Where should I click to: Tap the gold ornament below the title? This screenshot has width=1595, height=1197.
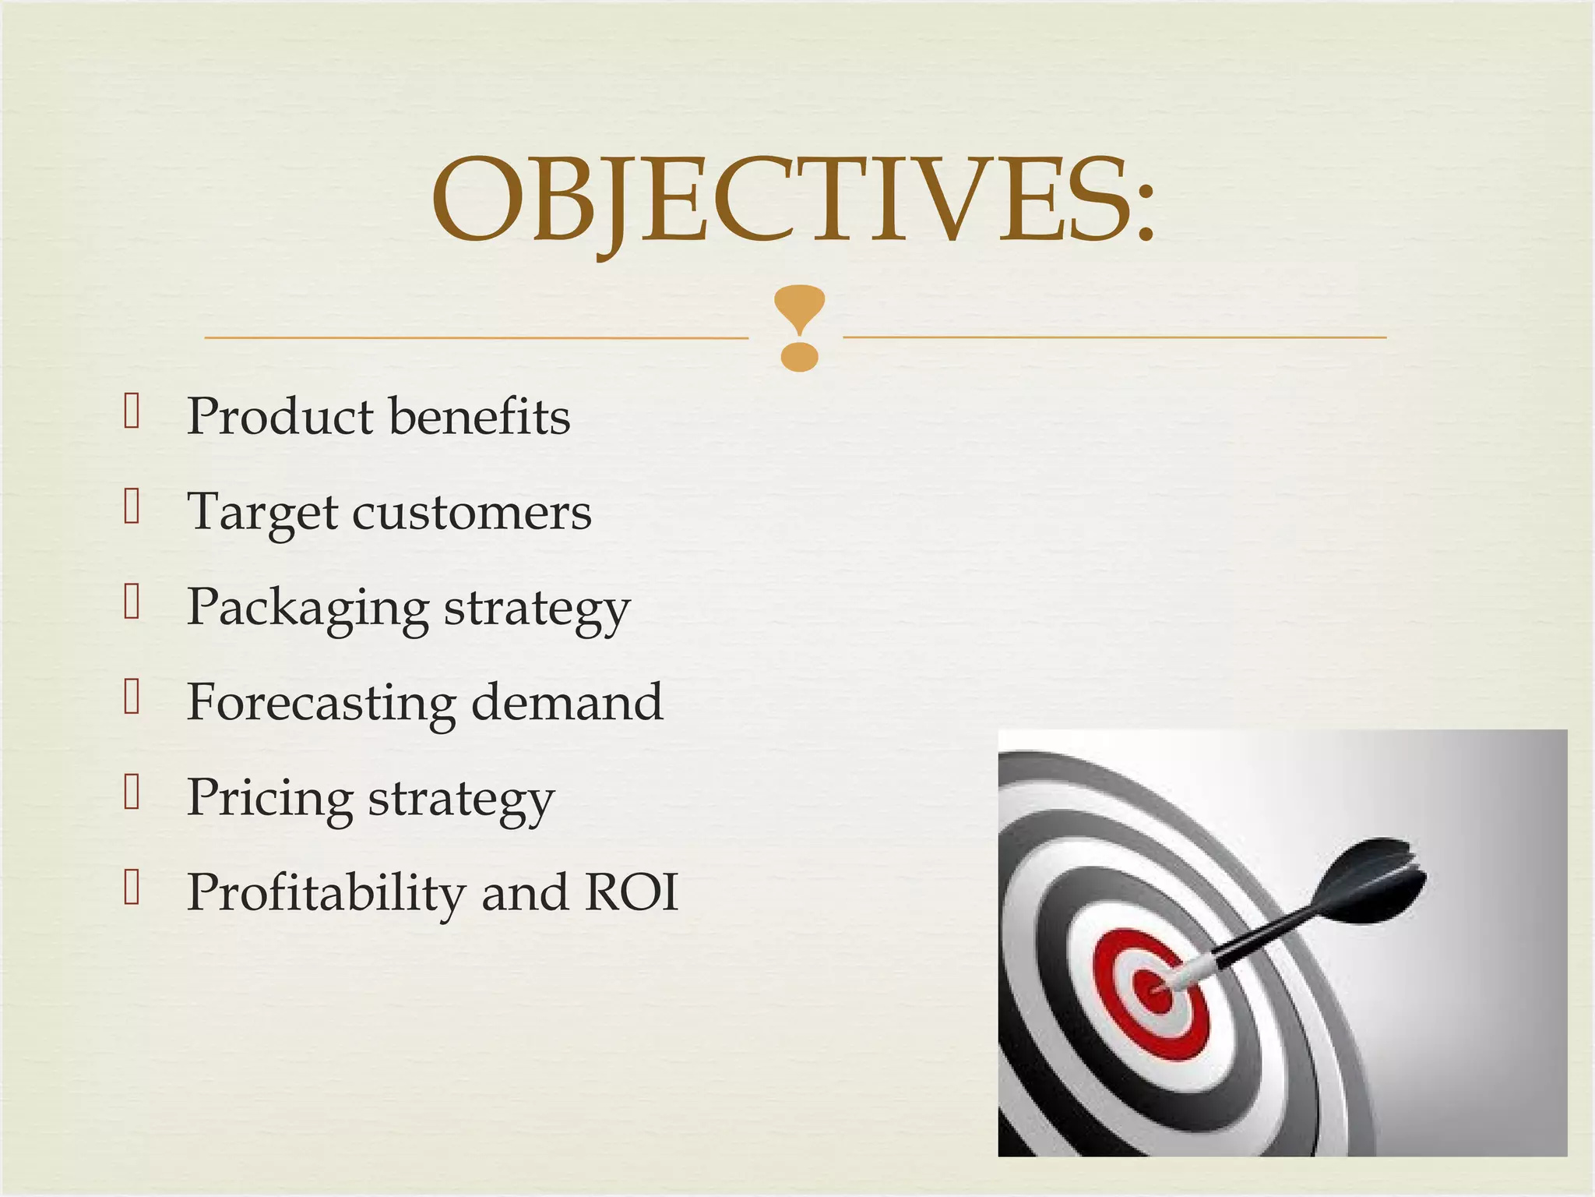point(799,327)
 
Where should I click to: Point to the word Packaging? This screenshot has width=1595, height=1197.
point(307,609)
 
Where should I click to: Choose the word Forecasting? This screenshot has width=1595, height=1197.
point(321,703)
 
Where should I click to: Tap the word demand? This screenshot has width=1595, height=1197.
point(567,703)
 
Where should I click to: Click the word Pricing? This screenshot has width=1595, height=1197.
point(269,799)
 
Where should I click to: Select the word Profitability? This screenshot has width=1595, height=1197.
point(325,893)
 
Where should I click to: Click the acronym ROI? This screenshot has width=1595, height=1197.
point(631,893)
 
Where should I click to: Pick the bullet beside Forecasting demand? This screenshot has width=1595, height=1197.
point(132,697)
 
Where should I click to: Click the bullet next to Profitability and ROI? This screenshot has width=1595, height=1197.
point(132,888)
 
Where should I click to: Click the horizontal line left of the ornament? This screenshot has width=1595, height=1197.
point(475,337)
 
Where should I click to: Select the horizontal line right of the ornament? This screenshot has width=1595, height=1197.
point(1114,337)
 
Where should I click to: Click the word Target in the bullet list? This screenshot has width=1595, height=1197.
point(262,514)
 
